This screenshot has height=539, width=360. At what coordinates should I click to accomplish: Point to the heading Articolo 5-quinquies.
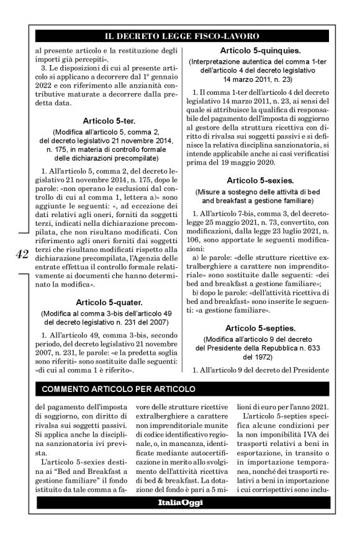coord(256,50)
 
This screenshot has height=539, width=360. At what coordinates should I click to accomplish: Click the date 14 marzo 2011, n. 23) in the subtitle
coord(256,80)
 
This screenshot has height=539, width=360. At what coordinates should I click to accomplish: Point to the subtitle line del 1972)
coord(256,357)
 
